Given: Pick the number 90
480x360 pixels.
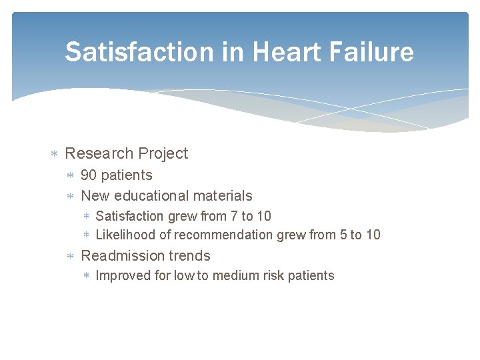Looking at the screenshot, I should click(89, 175).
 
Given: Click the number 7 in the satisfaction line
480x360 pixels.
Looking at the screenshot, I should click(233, 216).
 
